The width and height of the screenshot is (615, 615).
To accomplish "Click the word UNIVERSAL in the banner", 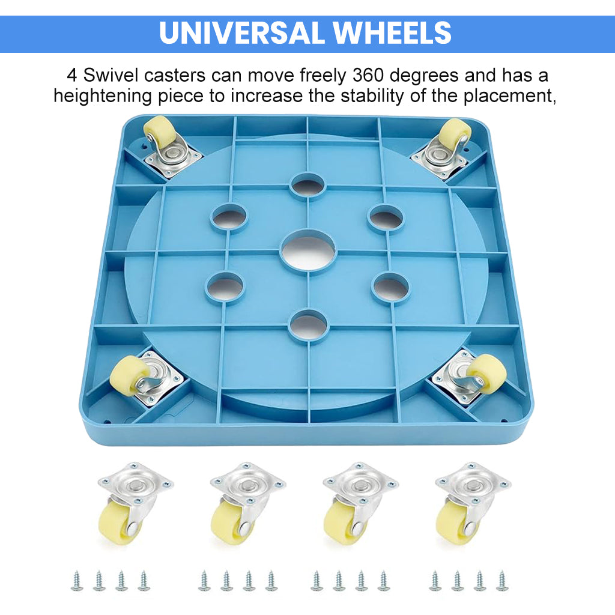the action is pos(241,33).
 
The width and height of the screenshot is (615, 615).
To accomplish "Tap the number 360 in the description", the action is pos(368,75).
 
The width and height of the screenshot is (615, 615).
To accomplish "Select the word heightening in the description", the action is pos(102,97).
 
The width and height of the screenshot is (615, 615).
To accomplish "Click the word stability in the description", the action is pos(372,97).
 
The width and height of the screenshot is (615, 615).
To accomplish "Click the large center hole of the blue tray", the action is pos(308,250).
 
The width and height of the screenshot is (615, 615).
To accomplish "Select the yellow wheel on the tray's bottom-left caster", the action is pos(130,376).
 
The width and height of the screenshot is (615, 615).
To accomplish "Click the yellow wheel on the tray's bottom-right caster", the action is pos(486,374).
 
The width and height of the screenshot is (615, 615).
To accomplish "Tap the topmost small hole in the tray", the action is pos(308,186).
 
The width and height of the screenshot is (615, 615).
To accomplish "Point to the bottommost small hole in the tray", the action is pos(308,326).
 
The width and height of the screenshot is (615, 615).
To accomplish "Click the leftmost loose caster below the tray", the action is pos(134,503).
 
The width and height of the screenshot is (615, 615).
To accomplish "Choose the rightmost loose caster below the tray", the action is pos(471,503).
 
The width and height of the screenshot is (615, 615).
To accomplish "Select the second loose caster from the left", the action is pos(246,503).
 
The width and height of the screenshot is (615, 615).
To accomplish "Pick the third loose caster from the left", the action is pos(359,503).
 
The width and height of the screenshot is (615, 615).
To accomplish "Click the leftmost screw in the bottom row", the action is pos(77,581).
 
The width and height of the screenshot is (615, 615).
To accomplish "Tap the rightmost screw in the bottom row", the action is pos(501,581).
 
